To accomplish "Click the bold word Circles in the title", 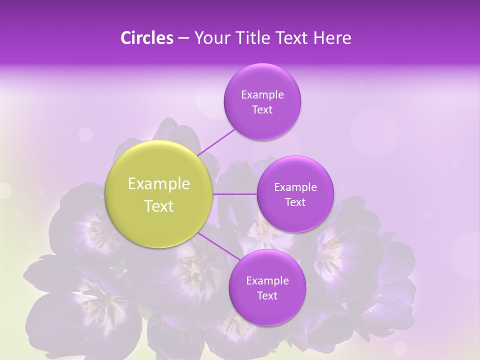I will (147, 38).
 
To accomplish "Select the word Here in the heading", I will (332, 38).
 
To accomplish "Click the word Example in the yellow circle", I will (159, 184).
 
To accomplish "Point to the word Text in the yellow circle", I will (159, 206).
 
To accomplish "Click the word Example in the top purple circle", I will (262, 95).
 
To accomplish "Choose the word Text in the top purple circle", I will (262, 110).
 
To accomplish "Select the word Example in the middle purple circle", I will (295, 187).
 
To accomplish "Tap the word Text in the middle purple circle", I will (295, 202).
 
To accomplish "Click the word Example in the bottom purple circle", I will (267, 281).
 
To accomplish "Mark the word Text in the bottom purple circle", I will (267, 296).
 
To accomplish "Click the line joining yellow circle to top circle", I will (217, 141).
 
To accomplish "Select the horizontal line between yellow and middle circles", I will (234, 194).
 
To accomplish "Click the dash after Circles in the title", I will (183, 38).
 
